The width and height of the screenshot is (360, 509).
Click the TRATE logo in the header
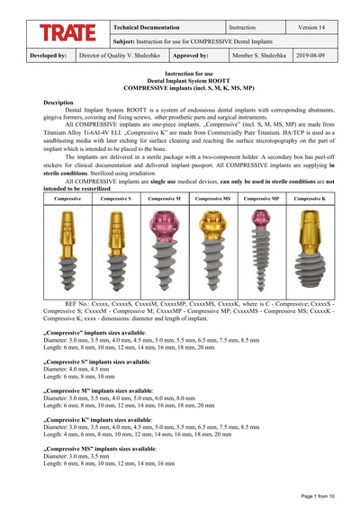(67, 34)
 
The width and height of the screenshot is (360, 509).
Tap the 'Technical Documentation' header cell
(146, 28)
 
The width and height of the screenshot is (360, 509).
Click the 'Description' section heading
(58, 103)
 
